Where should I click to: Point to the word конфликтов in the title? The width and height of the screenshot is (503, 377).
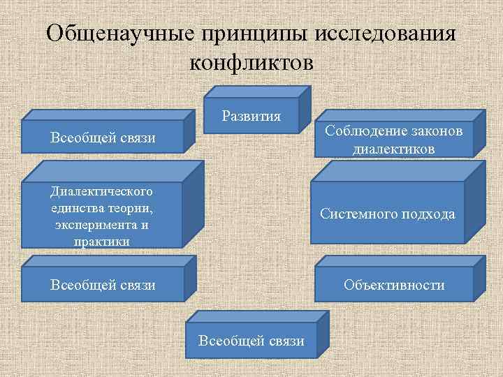point(251,63)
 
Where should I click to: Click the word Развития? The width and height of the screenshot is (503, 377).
point(251,116)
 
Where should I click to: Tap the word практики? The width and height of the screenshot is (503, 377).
point(102,242)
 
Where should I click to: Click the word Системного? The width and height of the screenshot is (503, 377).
point(353,214)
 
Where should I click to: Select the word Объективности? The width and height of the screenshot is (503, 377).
point(394,285)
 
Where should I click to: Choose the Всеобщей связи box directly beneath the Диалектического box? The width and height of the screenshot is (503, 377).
point(103,285)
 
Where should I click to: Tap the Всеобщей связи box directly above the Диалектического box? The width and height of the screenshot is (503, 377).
point(103,138)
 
